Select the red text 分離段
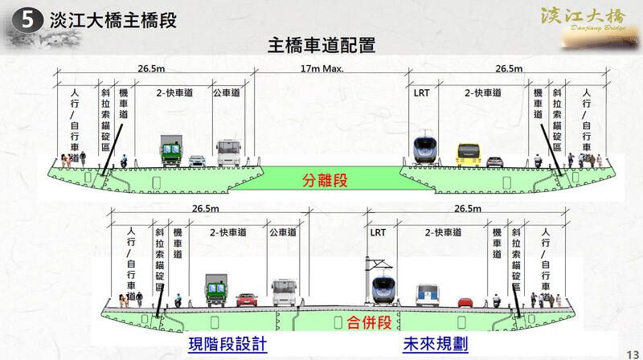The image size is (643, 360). click(x=325, y=181)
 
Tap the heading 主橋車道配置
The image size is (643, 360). click(x=321, y=45)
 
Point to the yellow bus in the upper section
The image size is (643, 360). click(x=468, y=154)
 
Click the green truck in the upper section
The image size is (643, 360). click(x=170, y=150)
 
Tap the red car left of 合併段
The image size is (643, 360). click(x=247, y=300)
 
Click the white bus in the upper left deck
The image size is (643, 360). click(x=229, y=152)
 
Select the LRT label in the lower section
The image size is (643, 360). click(x=378, y=232)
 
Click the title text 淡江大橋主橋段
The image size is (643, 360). click(x=113, y=19)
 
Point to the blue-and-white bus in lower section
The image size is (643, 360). click(x=428, y=296)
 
